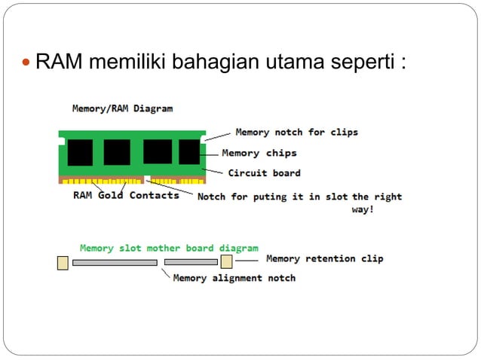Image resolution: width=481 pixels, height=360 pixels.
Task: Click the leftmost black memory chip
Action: [80, 152]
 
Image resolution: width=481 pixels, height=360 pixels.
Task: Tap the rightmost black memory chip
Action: [188, 152]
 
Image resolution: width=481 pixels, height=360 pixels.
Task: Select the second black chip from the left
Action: [117, 152]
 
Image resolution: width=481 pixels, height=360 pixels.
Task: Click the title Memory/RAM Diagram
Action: [122, 108]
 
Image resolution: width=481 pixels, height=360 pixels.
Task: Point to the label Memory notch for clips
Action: [296, 133]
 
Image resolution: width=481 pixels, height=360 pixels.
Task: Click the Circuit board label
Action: [264, 173]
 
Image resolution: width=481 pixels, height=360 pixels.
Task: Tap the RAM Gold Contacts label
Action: [126, 196]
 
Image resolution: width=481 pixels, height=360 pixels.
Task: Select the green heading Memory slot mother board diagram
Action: [169, 248]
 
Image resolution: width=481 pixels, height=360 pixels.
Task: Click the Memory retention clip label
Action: [324, 259]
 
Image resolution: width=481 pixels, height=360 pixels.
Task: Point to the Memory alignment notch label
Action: [234, 278]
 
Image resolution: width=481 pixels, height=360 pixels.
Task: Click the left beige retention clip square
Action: [63, 262]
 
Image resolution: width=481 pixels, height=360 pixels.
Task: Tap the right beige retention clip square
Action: [226, 261]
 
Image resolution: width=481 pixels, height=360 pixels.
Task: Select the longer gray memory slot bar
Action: [115, 263]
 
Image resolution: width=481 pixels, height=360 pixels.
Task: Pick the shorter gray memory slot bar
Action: [190, 263]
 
